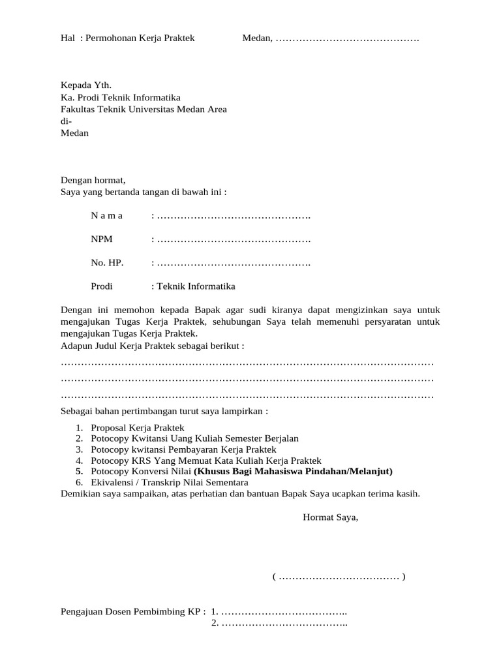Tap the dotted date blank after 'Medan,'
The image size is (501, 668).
(x=346, y=38)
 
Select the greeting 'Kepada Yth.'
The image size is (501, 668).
(x=86, y=85)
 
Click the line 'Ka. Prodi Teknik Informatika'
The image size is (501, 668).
(x=121, y=97)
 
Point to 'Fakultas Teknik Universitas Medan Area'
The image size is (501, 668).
(x=144, y=110)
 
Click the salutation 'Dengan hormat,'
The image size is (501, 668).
(x=93, y=180)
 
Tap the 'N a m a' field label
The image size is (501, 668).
(x=107, y=216)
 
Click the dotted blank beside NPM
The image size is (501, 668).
(x=233, y=239)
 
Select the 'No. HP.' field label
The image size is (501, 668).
(x=107, y=263)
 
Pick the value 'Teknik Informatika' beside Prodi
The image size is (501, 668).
(x=194, y=286)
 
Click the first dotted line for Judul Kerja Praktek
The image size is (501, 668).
(x=247, y=362)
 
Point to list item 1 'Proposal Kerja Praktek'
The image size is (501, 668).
(x=138, y=427)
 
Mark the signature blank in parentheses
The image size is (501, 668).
(x=339, y=577)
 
